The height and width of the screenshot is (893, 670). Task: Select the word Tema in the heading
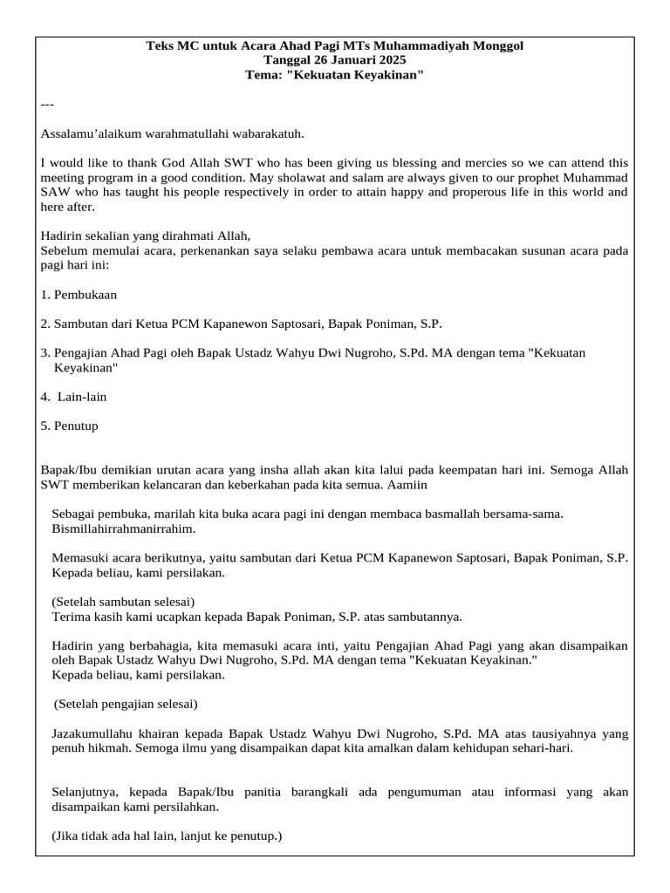(262, 75)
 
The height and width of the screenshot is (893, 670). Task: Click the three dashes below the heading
(47, 105)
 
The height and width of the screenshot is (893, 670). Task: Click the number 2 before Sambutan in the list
(44, 324)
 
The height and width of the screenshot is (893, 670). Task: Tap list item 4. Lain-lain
(74, 397)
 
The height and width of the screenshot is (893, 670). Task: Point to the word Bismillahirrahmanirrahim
(123, 528)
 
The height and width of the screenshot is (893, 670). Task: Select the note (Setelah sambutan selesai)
(123, 602)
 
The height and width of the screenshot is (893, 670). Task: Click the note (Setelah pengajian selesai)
(126, 704)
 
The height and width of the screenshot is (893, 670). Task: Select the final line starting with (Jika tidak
(167, 836)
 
